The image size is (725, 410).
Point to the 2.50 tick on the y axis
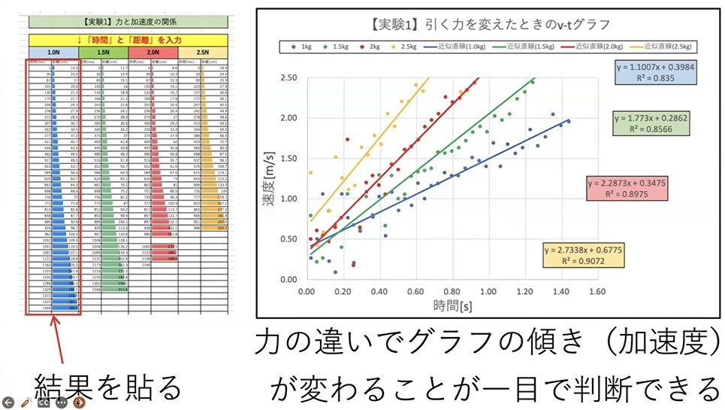[x=288, y=77]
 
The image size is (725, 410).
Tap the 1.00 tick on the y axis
[x=288, y=198]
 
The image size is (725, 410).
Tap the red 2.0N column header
[x=153, y=53]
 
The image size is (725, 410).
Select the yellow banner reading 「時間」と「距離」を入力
[x=128, y=38]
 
